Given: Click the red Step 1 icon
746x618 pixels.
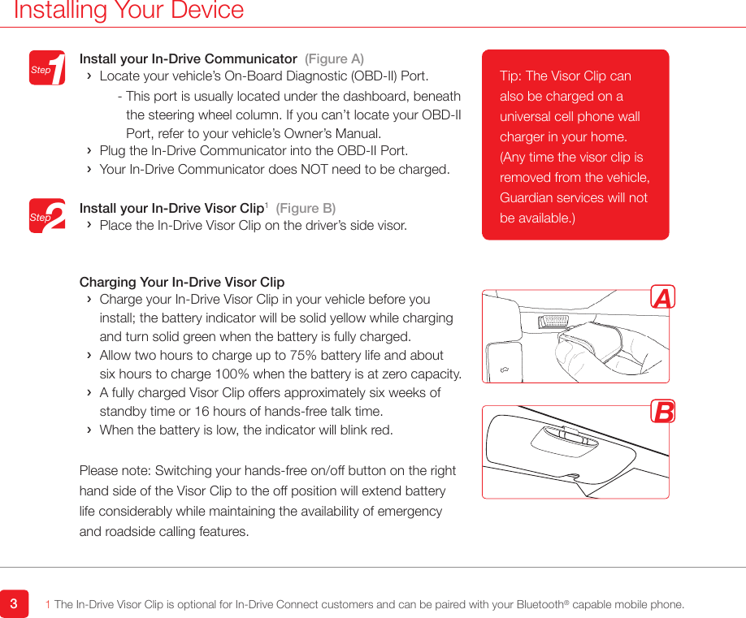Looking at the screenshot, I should click(x=47, y=68).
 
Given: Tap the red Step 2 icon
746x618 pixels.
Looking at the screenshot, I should click(x=47, y=216).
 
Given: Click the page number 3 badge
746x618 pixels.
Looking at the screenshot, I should click(x=14, y=604).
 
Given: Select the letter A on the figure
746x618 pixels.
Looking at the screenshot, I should click(x=663, y=299).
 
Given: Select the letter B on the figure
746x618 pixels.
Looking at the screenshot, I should click(x=663, y=413).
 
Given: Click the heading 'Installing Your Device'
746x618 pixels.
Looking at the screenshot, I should click(x=129, y=11).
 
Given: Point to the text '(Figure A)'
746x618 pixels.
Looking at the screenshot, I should click(x=334, y=59).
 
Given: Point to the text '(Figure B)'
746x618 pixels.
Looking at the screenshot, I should click(x=306, y=209).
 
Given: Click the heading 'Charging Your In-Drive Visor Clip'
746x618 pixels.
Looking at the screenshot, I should click(x=182, y=283).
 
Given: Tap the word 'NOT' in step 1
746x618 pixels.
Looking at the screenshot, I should click(x=340, y=170).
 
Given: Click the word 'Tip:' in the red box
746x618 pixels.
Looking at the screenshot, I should click(x=511, y=76).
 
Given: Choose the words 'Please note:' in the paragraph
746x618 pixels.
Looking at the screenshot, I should click(x=115, y=471).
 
